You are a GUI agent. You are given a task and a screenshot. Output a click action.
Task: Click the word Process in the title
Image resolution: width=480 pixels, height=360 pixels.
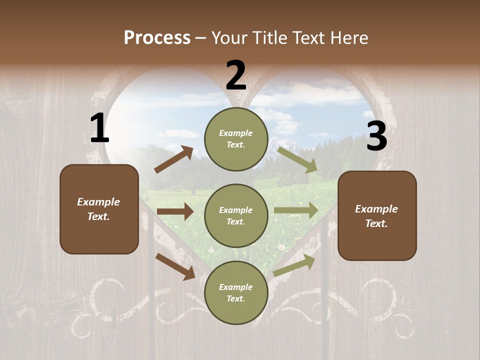coord(157,38)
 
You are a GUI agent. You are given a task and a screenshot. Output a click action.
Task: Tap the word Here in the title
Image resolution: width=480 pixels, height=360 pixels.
coord(349,38)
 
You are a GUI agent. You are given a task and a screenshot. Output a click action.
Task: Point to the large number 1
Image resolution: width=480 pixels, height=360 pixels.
coord(99,128)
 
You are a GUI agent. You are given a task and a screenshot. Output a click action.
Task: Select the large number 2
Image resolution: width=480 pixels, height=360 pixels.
coord(236,75)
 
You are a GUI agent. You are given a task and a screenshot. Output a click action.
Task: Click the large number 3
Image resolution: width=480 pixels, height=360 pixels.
coord(376,136)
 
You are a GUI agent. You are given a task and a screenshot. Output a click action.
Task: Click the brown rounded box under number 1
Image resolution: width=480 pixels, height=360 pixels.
coord(99,209)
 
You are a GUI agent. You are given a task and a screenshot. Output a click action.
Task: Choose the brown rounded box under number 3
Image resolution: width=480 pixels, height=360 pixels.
coord(377,215)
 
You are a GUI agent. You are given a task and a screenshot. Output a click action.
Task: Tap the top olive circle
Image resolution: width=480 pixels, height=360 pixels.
coord(236,139)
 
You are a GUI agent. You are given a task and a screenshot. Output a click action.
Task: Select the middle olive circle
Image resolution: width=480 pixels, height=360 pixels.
coord(236,215)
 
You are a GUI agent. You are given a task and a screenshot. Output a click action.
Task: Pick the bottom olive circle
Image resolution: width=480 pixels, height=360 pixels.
coord(236,292)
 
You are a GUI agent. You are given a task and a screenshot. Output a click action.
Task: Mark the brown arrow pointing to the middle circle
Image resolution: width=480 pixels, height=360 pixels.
coord(175,211)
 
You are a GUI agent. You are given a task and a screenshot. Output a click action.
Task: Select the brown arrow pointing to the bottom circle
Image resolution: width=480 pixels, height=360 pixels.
coord(175,266)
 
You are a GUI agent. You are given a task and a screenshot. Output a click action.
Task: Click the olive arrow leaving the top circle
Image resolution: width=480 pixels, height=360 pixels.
coord(297,160)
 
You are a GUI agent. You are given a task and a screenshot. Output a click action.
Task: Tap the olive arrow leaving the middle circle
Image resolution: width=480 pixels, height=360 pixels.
coord(296,210)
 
